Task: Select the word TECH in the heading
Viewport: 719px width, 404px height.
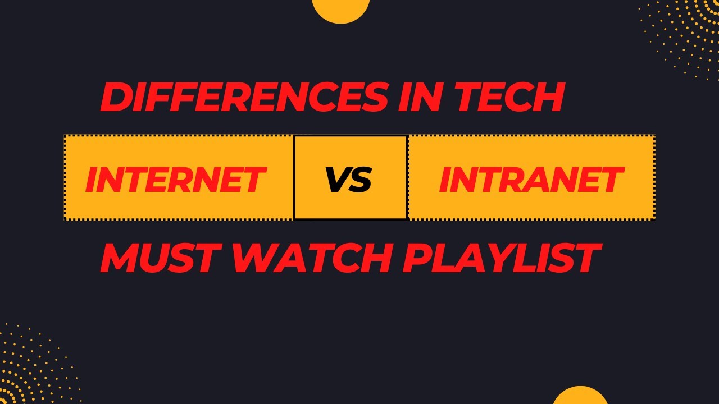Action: pyautogui.click(x=509, y=97)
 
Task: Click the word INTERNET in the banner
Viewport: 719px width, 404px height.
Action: pyautogui.click(x=175, y=180)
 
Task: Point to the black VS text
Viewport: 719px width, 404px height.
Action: pyautogui.click(x=349, y=180)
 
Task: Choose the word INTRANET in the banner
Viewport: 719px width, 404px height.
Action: pyautogui.click(x=531, y=180)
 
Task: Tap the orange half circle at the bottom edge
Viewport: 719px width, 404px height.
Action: pyautogui.click(x=580, y=396)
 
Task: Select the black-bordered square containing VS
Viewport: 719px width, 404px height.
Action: pyautogui.click(x=351, y=177)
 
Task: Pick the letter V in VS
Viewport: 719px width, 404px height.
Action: pyautogui.click(x=337, y=180)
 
